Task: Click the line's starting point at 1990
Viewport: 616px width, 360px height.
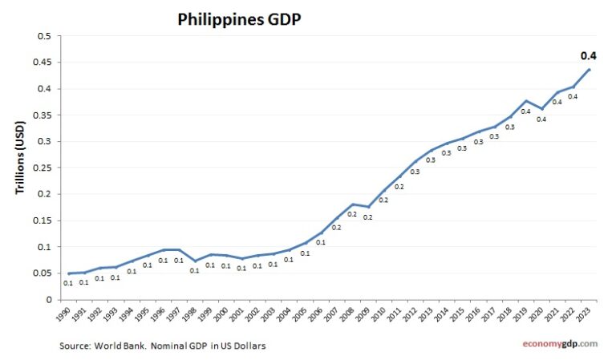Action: tap(67, 273)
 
